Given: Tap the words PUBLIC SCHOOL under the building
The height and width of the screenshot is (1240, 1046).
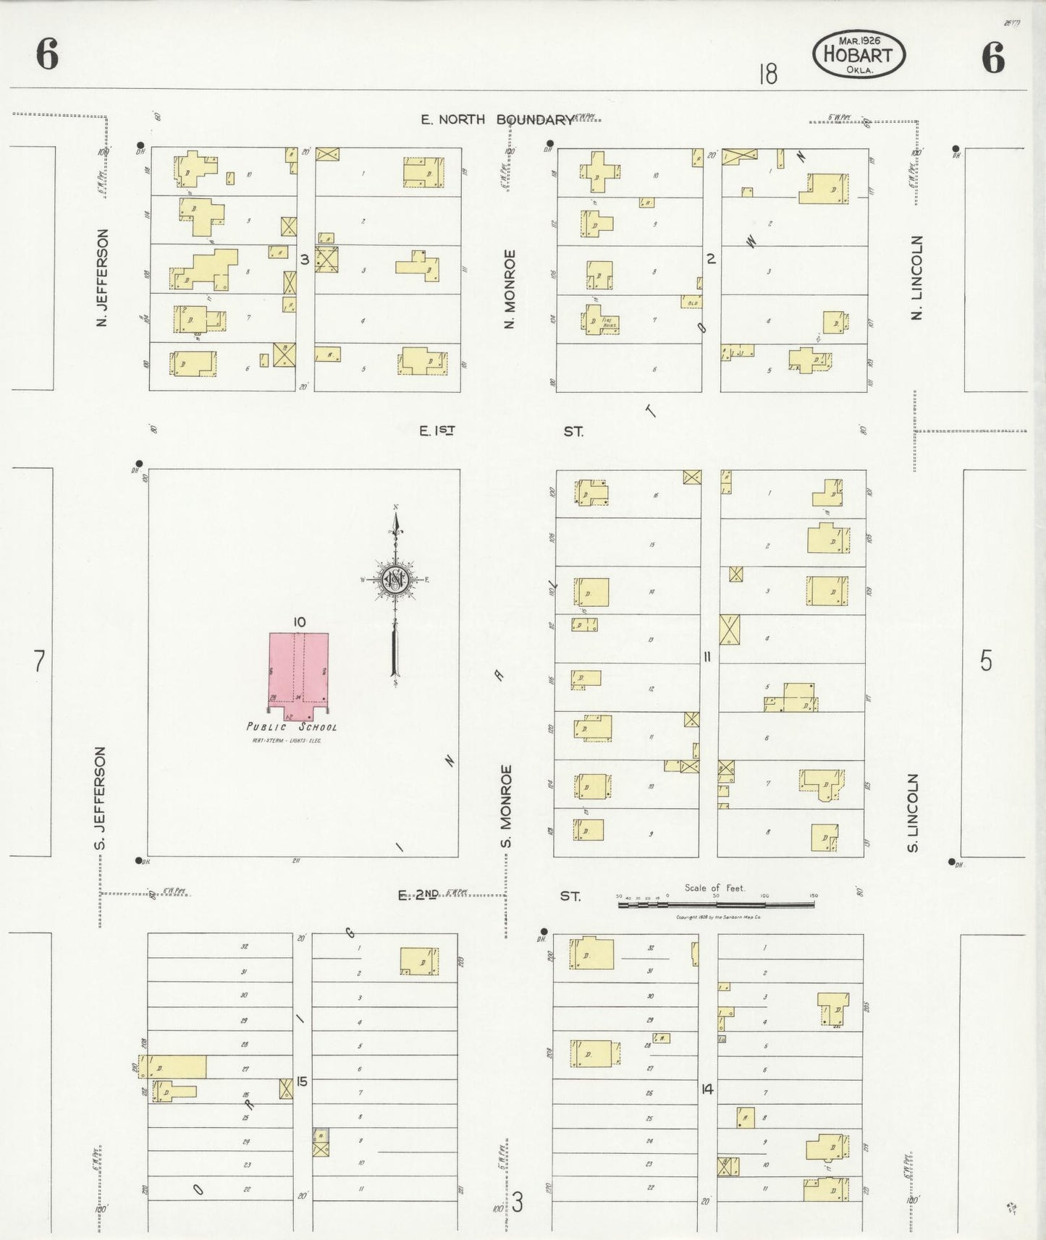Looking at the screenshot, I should tap(292, 727).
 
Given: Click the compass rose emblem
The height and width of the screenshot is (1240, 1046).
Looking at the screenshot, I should tap(396, 579).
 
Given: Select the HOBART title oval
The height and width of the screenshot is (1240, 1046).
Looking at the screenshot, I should tap(859, 54).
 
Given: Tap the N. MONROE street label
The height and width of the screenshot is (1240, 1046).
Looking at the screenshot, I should tap(510, 289).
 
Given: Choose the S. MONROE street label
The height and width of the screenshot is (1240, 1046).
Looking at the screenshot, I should tap(507, 806).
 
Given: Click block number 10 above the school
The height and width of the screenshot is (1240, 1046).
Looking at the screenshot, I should tap(300, 621).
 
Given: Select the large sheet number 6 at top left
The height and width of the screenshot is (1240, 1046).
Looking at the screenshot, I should tap(47, 55).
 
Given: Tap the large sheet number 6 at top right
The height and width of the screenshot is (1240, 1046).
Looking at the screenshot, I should tap(993, 57).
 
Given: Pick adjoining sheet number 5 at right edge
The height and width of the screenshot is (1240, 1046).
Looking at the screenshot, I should tap(986, 661).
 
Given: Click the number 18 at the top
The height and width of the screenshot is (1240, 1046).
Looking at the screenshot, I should tap(768, 74).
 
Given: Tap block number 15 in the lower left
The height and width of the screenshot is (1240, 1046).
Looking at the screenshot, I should tap(302, 1082).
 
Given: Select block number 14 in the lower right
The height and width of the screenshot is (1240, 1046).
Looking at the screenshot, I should tap(707, 1088).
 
